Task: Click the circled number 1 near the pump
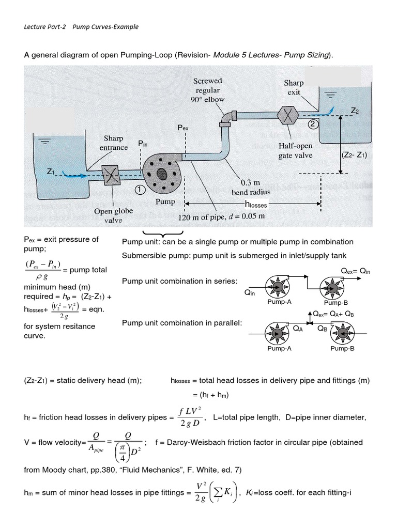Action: pos(140,190)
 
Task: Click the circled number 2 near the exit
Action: pos(313,124)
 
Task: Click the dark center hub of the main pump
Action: pos(162,174)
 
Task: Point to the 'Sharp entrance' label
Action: pos(113,143)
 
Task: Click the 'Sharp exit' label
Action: pos(294,87)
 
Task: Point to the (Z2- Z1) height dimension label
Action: pos(355,154)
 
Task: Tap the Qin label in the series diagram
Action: pos(250,292)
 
